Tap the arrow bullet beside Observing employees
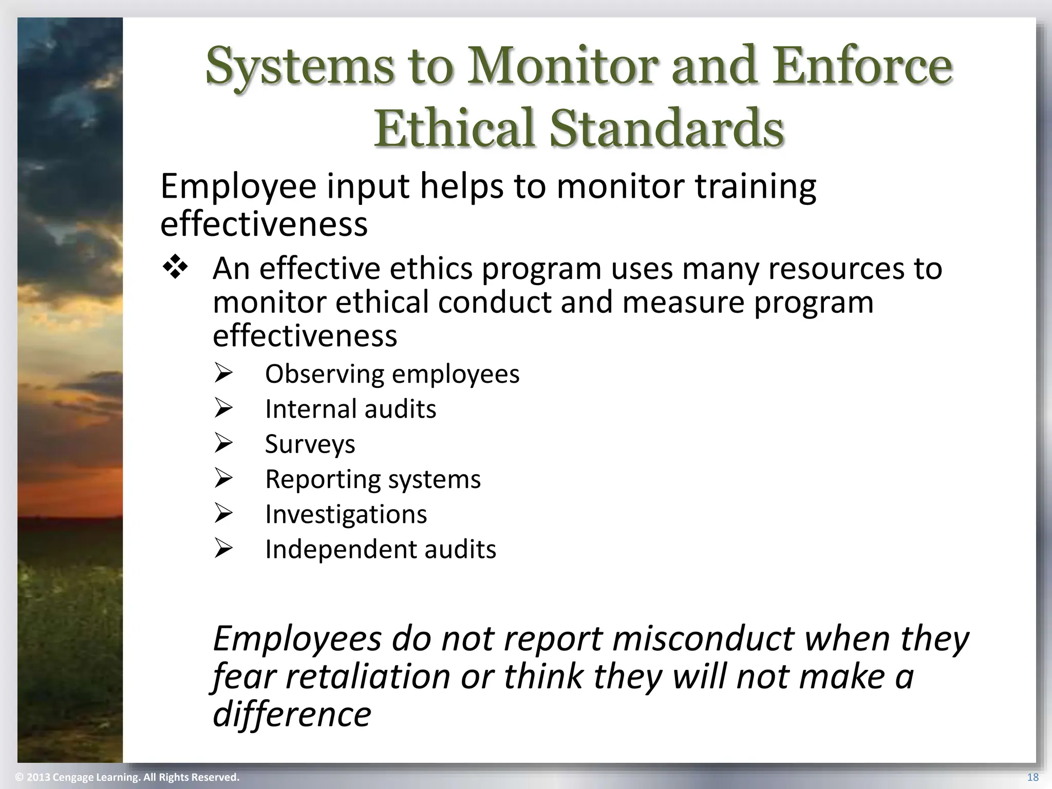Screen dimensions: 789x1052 [224, 374]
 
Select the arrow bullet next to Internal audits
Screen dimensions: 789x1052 [224, 409]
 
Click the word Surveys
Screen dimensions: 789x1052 [310, 444]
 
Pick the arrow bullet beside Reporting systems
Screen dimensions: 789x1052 [224, 479]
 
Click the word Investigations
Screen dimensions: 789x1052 [346, 514]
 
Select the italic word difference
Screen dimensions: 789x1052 [292, 714]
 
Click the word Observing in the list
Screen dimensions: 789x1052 [324, 374]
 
